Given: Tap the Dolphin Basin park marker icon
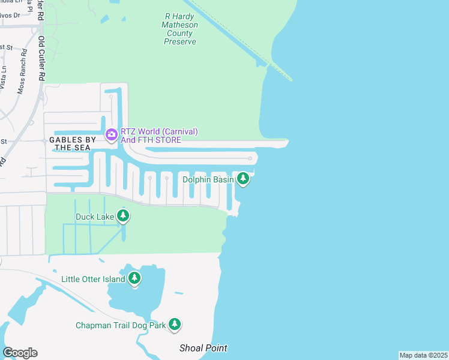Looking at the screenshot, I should coord(243,178).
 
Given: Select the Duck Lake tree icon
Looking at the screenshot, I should coord(123,215).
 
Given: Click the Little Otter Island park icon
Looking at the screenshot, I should coord(134,278).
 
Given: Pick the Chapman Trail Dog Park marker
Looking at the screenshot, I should coord(175,324).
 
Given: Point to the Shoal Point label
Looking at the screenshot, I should coord(203,348).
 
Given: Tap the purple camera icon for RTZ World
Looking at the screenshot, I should coord(111,134).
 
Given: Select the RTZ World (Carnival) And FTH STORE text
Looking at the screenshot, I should coord(159,136).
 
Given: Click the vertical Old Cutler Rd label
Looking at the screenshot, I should coord(41,58).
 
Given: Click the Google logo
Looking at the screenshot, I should coord(20,353).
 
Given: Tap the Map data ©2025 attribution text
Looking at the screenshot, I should coord(423,355).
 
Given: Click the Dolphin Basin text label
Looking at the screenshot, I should coord(208,179).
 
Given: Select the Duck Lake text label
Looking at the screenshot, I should coord(94,216).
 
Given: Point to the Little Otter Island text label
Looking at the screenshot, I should coord(93,279).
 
